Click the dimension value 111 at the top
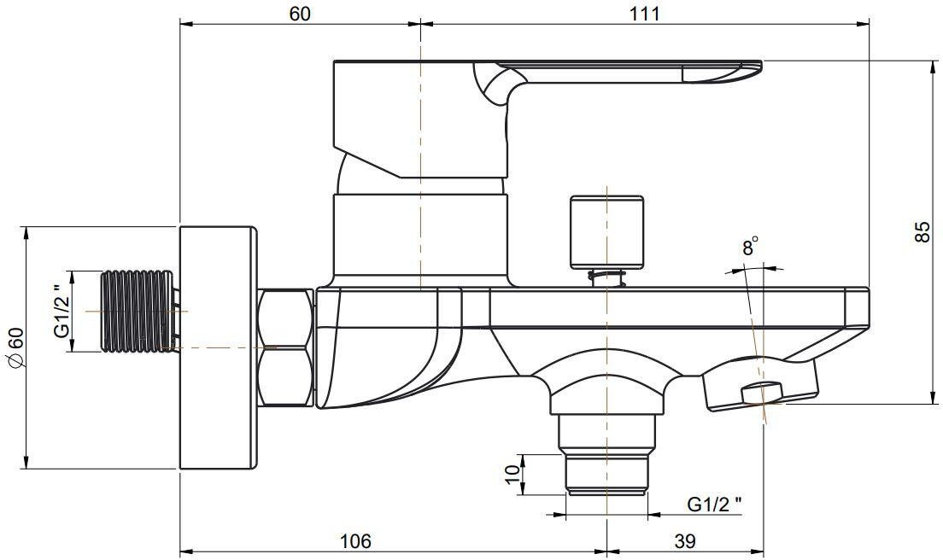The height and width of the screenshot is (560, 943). (645, 13)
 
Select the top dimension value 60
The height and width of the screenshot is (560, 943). (300, 13)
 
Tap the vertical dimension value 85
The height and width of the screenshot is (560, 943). (922, 232)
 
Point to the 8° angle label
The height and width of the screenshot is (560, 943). (750, 247)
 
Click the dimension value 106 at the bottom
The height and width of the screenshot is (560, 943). (356, 540)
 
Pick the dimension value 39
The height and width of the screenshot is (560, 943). (685, 540)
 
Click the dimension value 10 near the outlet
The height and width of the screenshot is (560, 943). (512, 475)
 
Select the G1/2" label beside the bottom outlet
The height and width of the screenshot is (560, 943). (714, 505)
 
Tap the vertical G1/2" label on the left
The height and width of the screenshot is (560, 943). (61, 312)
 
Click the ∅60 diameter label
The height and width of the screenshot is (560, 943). (15, 347)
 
